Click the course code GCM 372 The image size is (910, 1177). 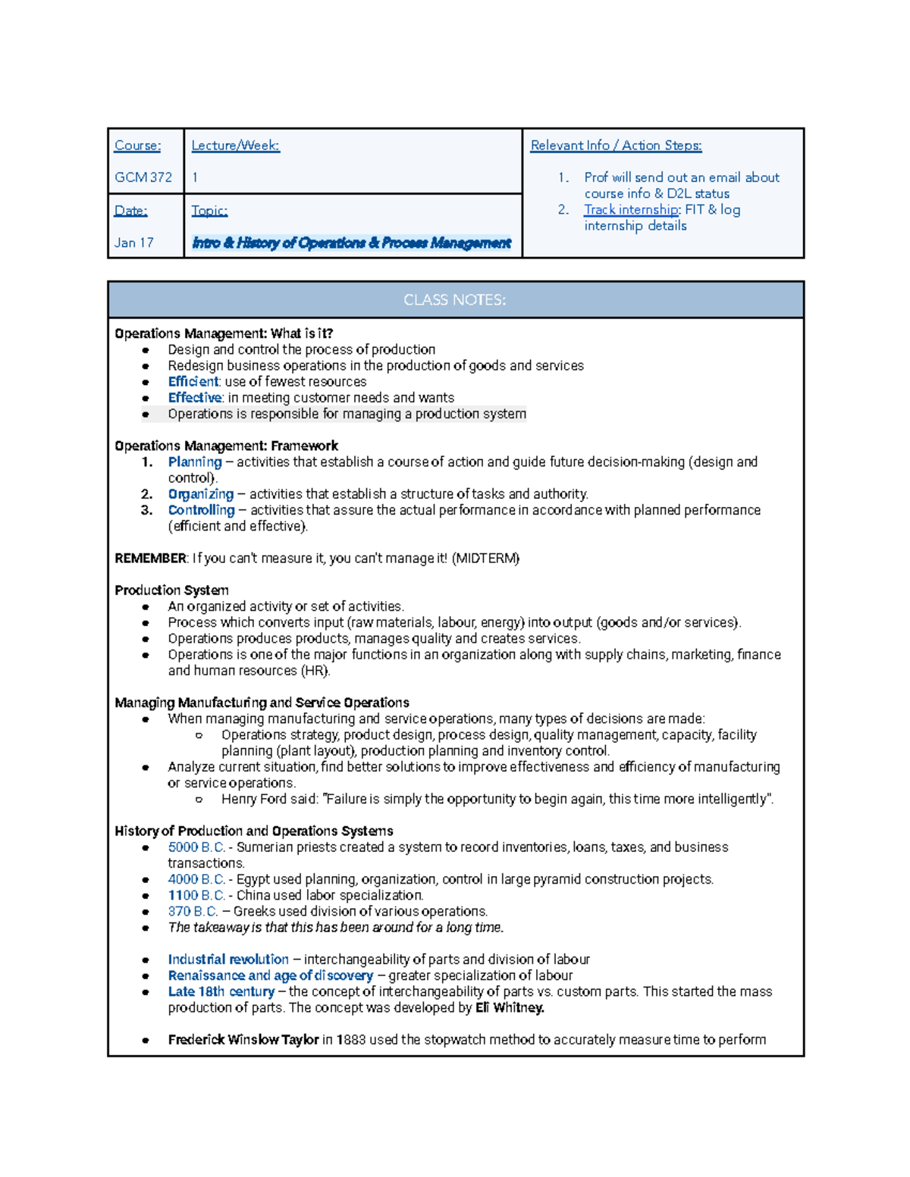pyautogui.click(x=143, y=177)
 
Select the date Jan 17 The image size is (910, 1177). pyautogui.click(x=133, y=243)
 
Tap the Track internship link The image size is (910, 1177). pyautogui.click(x=632, y=210)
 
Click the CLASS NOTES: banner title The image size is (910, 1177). pyautogui.click(x=454, y=300)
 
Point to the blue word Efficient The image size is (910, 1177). pyautogui.click(x=193, y=382)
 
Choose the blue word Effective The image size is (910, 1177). pyautogui.click(x=195, y=398)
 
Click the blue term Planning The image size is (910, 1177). pyautogui.click(x=195, y=462)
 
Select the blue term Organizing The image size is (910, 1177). pyautogui.click(x=200, y=494)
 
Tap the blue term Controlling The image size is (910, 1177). pyautogui.click(x=201, y=510)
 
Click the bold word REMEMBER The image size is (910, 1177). pyautogui.click(x=150, y=559)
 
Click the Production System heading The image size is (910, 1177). pyautogui.click(x=171, y=590)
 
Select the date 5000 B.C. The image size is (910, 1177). pyautogui.click(x=196, y=847)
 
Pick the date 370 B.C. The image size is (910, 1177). pyautogui.click(x=193, y=912)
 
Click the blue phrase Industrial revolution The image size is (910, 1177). pyautogui.click(x=228, y=959)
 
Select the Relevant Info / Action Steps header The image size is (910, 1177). pyautogui.click(x=616, y=146)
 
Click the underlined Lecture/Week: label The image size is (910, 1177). pyautogui.click(x=235, y=146)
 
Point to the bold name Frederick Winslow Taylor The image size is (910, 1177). pyautogui.click(x=243, y=1040)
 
